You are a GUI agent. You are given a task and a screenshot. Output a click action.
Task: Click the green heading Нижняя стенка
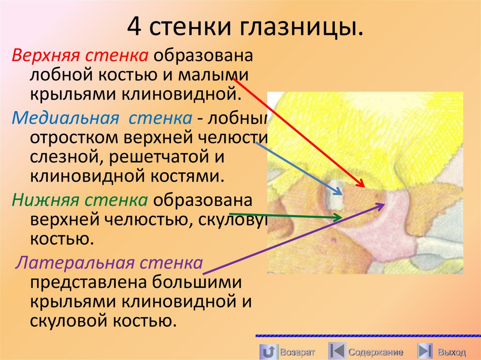(80, 200)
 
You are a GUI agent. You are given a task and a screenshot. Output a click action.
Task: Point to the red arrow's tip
(364, 186)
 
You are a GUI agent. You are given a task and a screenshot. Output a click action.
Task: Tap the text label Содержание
(376, 352)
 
